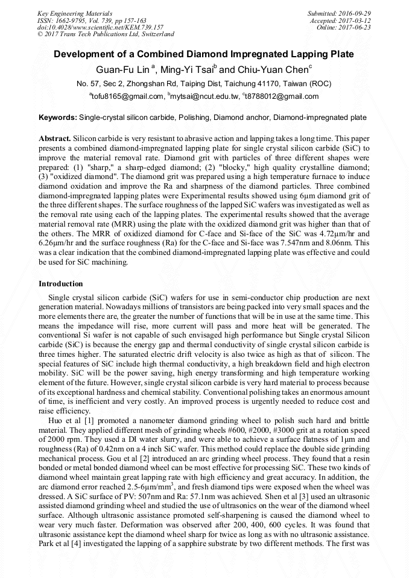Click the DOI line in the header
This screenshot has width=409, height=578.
click(100, 27)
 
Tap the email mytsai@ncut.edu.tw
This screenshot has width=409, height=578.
click(204, 96)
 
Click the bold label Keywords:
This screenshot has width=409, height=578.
click(58, 117)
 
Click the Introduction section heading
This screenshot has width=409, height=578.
click(60, 283)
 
